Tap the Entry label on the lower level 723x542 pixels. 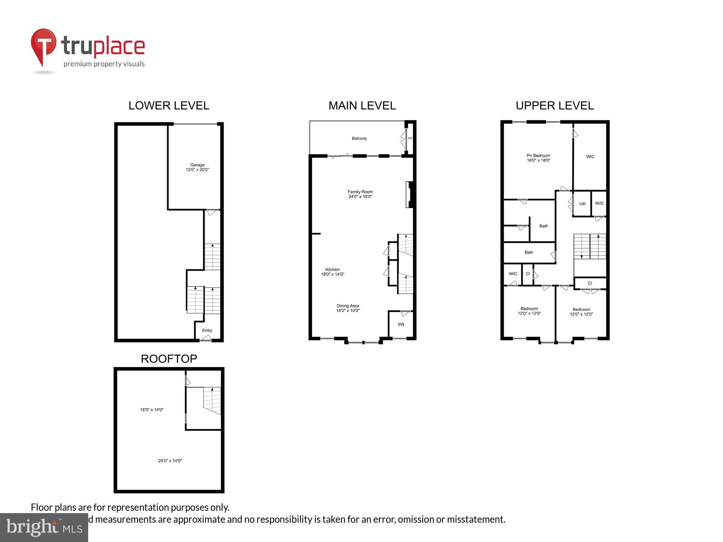[207, 330]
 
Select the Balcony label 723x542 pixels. [359, 138]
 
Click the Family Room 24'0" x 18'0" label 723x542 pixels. [360, 194]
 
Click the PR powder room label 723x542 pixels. [401, 324]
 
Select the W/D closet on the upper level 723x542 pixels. [599, 203]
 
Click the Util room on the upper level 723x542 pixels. [582, 204]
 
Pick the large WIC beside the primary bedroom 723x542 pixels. [590, 156]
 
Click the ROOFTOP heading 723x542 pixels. [169, 358]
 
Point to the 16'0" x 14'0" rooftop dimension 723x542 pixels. [152, 410]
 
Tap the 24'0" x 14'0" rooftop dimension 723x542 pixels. [170, 461]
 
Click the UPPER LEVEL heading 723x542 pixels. [555, 106]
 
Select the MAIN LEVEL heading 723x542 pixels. [362, 106]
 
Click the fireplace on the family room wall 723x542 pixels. [410, 194]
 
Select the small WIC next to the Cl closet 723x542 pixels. [513, 274]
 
